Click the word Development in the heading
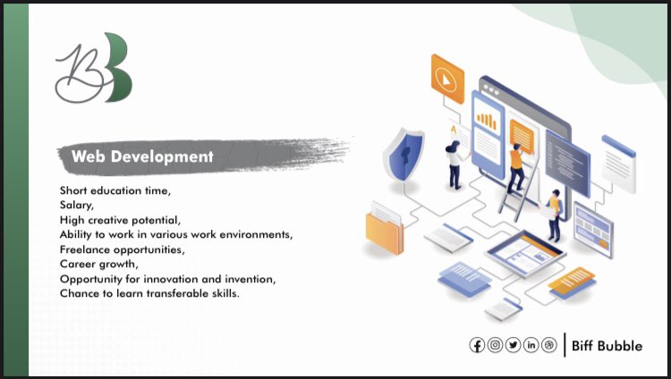(x=171, y=156)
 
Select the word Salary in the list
(x=75, y=204)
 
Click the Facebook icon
(x=478, y=345)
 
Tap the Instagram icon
(x=496, y=345)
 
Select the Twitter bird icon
(x=514, y=345)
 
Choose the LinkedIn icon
(x=531, y=345)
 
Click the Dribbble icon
(x=549, y=345)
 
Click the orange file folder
(x=386, y=230)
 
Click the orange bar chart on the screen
(x=488, y=120)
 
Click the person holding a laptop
(x=555, y=213)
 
